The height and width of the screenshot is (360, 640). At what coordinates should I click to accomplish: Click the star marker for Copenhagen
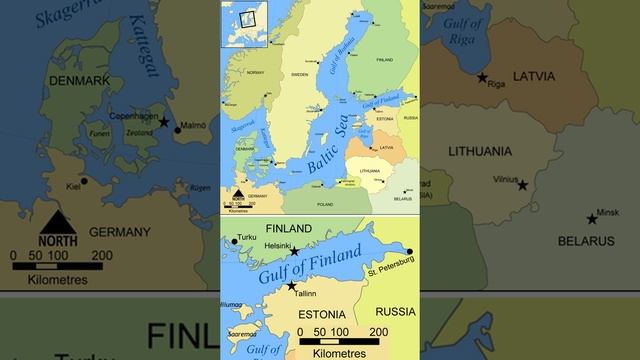coord(164,121)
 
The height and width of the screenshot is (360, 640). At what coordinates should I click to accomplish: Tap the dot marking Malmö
coord(178,128)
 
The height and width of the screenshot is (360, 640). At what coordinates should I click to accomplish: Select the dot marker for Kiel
coord(84,182)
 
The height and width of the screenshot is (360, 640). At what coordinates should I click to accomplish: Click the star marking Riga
coord(482,77)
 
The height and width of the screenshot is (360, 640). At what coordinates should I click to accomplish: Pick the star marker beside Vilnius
coord(522,185)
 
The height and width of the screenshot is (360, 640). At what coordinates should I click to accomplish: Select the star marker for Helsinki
coord(294,251)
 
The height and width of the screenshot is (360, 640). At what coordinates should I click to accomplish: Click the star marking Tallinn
coord(291,286)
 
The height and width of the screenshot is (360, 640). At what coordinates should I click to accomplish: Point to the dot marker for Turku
coord(234,240)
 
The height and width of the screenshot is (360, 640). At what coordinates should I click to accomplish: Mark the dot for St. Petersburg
coord(409,252)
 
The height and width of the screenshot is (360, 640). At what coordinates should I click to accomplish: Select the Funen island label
coord(100,133)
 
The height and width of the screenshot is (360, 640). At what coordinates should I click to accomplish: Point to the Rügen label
coord(200,187)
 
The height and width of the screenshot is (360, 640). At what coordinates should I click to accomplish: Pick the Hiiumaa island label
coord(232,304)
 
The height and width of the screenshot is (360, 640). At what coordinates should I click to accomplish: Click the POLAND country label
coord(325,204)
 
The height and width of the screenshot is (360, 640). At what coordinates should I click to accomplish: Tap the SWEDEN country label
coord(299,74)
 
